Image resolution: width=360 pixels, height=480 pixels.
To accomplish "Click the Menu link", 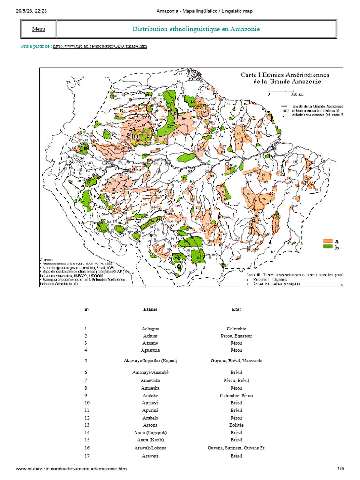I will [38, 29].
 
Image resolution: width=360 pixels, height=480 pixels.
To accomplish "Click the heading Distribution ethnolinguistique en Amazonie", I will [196, 29].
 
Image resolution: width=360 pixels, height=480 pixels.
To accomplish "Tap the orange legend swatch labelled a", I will [328, 241].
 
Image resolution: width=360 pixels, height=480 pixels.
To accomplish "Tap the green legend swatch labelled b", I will [328, 247].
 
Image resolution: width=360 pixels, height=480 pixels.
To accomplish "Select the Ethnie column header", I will [150, 309].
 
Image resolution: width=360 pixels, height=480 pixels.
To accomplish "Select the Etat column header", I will [236, 309].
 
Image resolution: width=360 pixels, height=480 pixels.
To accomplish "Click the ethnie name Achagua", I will [150, 329].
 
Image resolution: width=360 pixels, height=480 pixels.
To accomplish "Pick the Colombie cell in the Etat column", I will [236, 329].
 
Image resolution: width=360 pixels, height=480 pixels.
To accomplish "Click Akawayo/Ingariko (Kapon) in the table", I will [150, 361].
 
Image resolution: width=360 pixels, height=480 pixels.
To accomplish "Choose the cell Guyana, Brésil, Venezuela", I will [236, 361].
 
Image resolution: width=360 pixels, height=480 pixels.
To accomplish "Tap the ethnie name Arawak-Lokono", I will [150, 448].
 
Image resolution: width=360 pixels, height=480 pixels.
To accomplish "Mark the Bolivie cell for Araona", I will [236, 425].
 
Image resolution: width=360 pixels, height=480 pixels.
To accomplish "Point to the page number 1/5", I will [341, 469].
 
